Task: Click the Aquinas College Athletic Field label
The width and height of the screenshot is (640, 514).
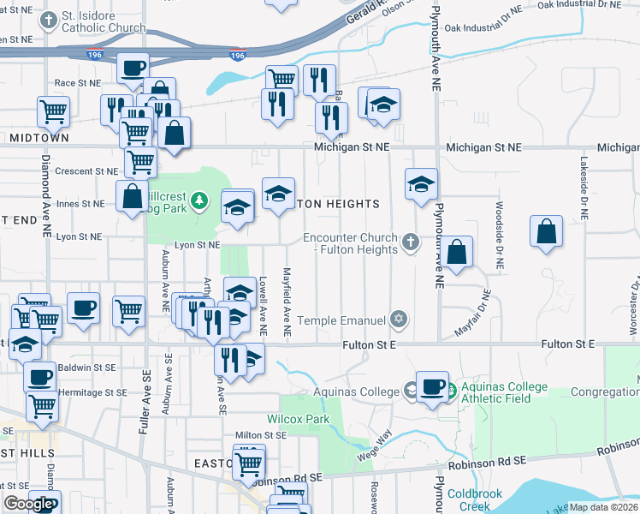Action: click(x=504, y=392)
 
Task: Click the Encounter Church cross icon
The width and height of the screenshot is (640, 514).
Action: click(x=411, y=242)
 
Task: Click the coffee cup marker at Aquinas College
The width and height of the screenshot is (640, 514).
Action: click(x=432, y=386)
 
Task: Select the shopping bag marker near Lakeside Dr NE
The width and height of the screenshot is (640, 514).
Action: click(x=547, y=231)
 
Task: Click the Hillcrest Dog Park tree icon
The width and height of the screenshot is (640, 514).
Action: click(x=199, y=200)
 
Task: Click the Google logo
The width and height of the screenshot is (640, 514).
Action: click(x=27, y=504)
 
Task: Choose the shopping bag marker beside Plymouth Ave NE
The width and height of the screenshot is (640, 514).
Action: click(x=458, y=252)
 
